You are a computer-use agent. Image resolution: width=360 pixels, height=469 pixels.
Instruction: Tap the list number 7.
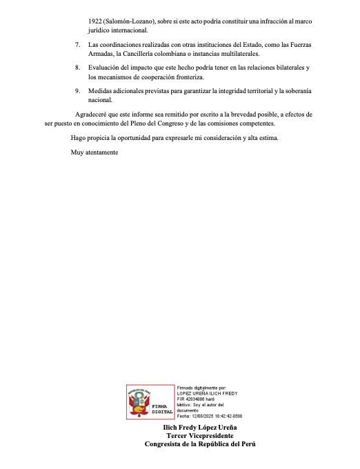coord(77,45)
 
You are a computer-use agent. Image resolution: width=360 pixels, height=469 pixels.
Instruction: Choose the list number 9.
coord(77,90)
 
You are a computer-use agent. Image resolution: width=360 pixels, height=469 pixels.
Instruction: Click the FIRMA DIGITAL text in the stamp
coord(163,408)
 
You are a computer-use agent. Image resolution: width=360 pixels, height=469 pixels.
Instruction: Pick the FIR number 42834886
coord(200,399)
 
